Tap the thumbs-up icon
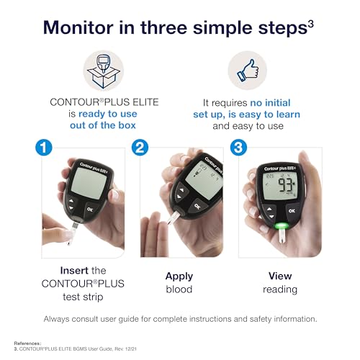click(x=247, y=71)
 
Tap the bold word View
click(x=279, y=275)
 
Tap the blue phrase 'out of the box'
click(x=103, y=127)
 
